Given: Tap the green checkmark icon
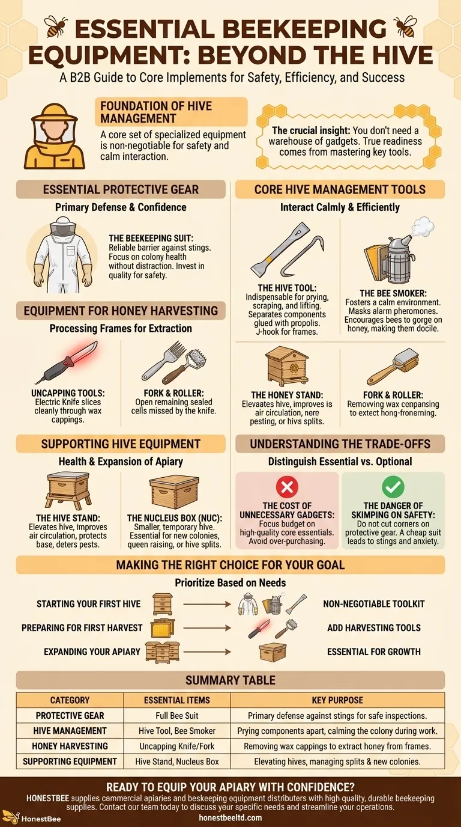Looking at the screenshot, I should tap(393, 487).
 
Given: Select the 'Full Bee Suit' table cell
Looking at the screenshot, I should tap(176, 715).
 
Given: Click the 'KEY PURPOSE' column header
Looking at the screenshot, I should tap(337, 700).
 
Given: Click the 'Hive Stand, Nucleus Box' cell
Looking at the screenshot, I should tap(176, 761).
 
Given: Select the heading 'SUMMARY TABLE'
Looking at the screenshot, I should tap(230, 680).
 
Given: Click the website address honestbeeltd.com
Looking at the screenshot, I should tap(230, 817).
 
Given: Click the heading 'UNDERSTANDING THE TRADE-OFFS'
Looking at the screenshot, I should tap(340, 445).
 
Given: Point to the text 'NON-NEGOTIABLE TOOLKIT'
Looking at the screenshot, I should tap(373, 603).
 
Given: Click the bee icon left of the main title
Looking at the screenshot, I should tap(56, 26).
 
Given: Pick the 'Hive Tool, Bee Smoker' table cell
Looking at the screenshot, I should tap(176, 731).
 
